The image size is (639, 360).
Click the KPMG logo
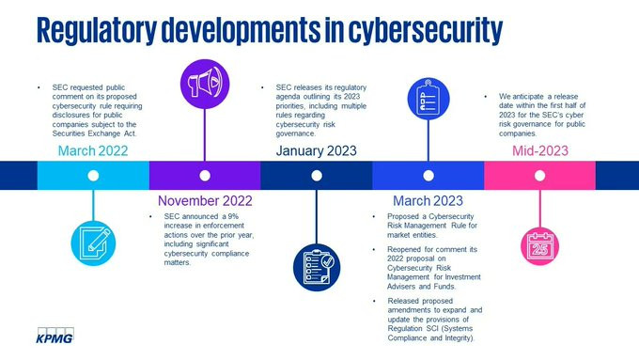[x=55, y=336]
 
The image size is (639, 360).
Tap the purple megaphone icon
[x=205, y=84]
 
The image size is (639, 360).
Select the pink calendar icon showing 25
[x=540, y=246]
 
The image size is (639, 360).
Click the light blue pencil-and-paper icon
[x=93, y=243]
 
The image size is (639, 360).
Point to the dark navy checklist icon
[x=317, y=268]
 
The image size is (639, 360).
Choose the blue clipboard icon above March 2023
[x=429, y=99]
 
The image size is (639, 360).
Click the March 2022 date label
[x=93, y=150]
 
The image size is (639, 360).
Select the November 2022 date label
[x=205, y=200]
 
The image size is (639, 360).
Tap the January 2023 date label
[x=317, y=150]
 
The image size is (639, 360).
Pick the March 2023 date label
[x=428, y=200]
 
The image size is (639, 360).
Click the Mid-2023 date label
[x=540, y=150]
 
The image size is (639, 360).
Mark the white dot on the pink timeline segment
[x=540, y=176]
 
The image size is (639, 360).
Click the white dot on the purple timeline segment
[x=205, y=176]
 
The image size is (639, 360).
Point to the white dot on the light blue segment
[x=93, y=176]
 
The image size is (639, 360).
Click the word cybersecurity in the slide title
[x=426, y=30]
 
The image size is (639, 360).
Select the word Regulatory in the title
[x=97, y=30]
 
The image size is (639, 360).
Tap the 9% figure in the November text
[x=233, y=216]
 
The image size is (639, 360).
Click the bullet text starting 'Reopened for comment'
[x=434, y=268]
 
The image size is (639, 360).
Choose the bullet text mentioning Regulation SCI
[x=435, y=320]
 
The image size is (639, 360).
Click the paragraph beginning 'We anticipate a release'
[x=542, y=115]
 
